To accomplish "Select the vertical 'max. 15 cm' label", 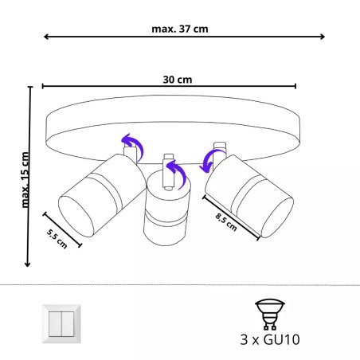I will pyautogui.click(x=24, y=179).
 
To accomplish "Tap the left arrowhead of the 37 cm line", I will pyautogui.click(x=46, y=37).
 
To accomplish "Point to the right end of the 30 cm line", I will pyautogui.click(x=295, y=86).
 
